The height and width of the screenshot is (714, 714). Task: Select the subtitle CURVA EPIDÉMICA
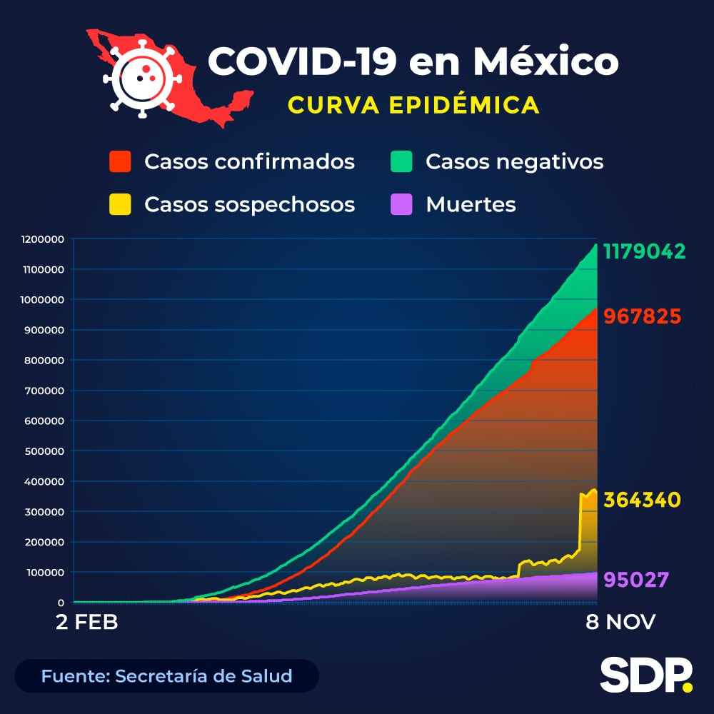tap(413, 105)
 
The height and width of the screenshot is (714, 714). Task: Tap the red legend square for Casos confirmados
tap(120, 161)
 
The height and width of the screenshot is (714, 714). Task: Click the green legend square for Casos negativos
tap(402, 161)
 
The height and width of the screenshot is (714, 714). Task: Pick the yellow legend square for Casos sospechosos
tap(120, 204)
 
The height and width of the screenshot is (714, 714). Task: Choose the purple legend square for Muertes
tap(402, 204)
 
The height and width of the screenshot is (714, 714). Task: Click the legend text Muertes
tap(471, 204)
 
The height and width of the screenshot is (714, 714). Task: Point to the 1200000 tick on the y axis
tap(44, 239)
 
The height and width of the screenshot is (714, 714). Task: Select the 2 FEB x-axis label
tap(87, 622)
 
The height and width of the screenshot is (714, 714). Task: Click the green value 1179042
tap(645, 251)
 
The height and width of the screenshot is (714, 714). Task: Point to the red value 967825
tap(642, 316)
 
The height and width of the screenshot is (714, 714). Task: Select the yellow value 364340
tap(642, 500)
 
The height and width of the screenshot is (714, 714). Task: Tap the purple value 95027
tap(636, 578)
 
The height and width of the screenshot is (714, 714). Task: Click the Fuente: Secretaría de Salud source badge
tap(166, 675)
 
